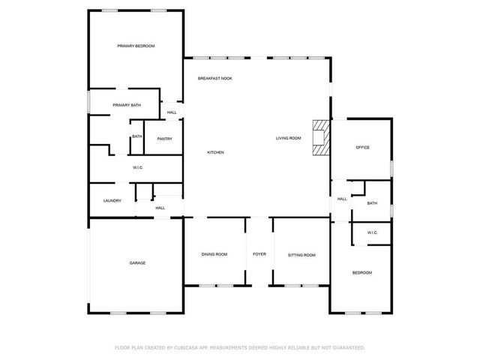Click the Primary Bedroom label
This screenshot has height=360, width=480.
coord(136,46)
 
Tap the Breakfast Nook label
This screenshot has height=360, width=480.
coord(214,79)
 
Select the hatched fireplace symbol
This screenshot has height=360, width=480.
coord(321,138)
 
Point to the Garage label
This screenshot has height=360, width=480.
coord(137,263)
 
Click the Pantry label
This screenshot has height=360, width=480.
coord(165,139)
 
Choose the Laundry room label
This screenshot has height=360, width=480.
coord(112,200)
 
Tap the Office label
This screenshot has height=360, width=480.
coord(362,148)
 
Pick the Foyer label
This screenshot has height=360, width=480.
coord(259,255)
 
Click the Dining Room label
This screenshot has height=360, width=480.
coord(214,255)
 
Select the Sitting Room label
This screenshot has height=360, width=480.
coord(301,255)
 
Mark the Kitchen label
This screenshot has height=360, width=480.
coord(216,153)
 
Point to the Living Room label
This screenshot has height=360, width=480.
coord(288,138)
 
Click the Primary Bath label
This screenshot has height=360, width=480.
coord(127,105)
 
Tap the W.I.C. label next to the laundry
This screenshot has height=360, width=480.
coord(138,167)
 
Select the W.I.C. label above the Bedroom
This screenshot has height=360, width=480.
coord(373,233)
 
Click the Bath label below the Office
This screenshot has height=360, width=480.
coord(373,203)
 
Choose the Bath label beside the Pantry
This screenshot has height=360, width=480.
coord(137,136)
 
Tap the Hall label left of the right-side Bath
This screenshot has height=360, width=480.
coord(342,199)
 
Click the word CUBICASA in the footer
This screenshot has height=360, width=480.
coord(187,348)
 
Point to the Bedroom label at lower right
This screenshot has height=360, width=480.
coord(362,273)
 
